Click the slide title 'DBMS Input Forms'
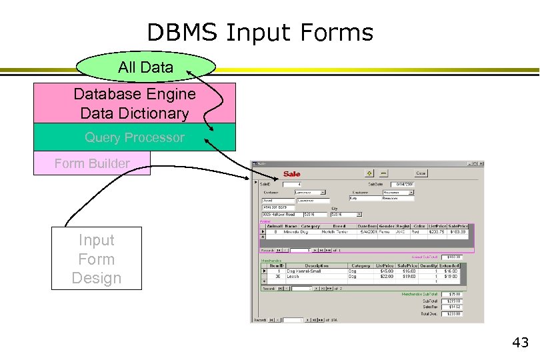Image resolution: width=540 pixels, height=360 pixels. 260,32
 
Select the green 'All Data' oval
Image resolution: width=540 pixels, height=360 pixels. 146,67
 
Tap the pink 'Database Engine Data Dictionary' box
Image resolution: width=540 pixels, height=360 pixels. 135,103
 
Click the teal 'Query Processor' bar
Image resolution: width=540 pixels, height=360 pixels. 135,137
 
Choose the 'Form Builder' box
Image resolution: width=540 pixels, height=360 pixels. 92,163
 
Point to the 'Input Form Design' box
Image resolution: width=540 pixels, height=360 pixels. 97,259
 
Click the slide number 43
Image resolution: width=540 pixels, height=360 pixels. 520,343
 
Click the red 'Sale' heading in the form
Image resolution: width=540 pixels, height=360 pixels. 292,174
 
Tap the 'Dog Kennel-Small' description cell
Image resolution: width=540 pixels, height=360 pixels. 305,271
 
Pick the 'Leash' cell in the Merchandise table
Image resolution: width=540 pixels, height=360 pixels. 294,277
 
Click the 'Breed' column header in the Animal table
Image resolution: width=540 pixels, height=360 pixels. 339,226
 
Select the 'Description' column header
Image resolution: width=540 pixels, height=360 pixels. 317,265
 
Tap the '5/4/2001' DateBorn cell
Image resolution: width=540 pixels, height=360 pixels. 367,231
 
